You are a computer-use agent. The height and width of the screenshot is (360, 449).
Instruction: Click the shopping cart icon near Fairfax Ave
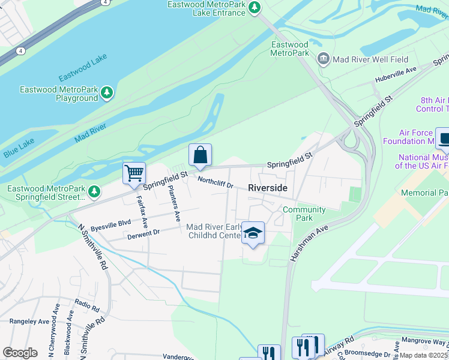point(134,173)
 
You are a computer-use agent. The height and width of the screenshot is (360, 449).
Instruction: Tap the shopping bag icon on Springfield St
point(200,155)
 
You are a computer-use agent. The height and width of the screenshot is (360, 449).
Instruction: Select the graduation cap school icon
point(253,233)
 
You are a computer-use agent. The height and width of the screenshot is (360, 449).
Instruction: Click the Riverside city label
point(268,188)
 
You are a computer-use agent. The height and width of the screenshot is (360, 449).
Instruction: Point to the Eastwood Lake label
point(83,71)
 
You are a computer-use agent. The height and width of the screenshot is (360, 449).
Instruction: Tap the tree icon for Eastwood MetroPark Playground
point(107,92)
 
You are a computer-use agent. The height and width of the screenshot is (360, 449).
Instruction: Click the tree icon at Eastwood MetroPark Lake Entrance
point(255,7)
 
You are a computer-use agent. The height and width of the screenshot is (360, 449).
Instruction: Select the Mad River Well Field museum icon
point(324,59)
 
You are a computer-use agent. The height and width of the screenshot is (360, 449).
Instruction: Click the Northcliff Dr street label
point(215,182)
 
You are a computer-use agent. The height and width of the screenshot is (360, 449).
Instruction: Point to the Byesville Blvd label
point(110,226)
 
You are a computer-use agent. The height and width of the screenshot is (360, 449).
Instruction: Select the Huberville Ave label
point(396,74)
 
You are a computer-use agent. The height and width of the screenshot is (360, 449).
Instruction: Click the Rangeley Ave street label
point(29,321)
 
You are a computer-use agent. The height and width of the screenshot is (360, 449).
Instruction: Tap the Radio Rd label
point(87,305)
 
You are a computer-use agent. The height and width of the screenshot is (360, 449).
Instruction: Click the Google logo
point(20,353)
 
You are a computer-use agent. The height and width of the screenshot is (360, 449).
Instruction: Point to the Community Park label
point(304,214)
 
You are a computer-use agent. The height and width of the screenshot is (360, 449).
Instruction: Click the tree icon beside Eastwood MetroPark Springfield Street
point(94,192)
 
